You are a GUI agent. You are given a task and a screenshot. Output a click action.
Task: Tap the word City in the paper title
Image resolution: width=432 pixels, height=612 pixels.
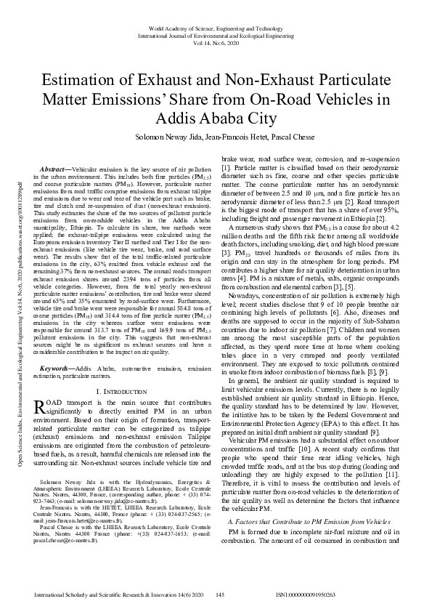coord(261,118)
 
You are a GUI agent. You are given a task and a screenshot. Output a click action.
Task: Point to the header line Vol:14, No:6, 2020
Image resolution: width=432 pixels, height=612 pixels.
coord(216,43)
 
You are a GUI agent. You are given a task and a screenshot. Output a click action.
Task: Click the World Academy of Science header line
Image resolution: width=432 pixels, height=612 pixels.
coord(216,28)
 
